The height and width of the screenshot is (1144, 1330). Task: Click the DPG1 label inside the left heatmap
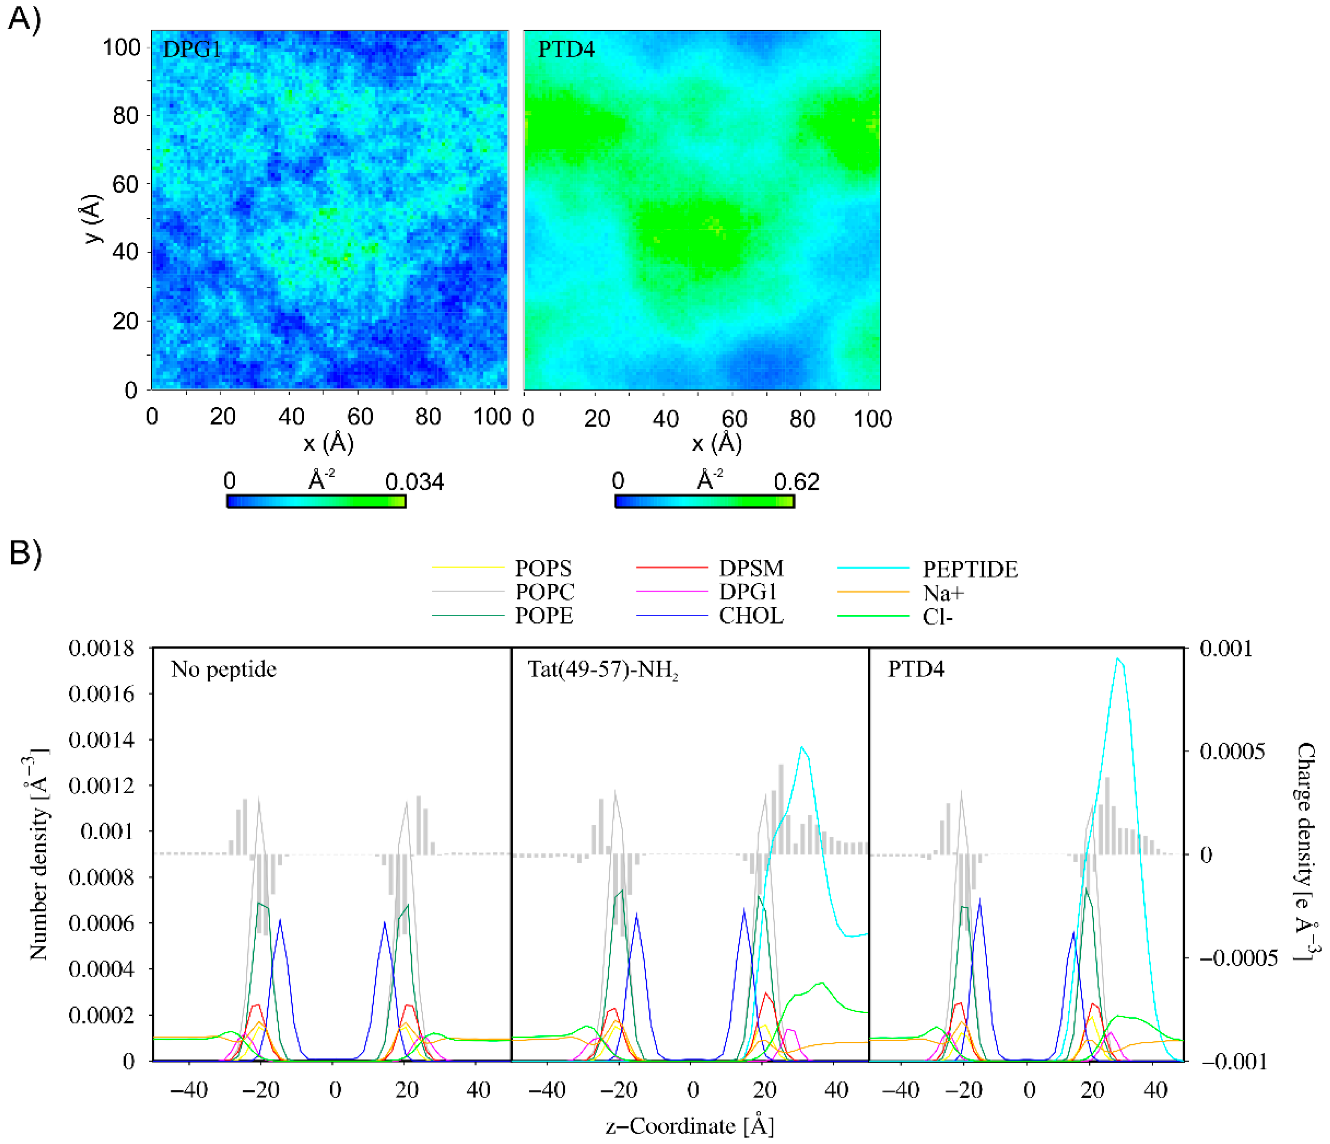coord(192,49)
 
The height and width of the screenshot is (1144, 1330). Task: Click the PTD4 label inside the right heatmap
coord(566,49)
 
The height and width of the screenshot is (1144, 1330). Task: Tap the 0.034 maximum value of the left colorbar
coord(414,482)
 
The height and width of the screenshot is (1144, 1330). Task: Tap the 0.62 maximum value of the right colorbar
coord(796,482)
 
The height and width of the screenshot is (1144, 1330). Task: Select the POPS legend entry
coord(542,569)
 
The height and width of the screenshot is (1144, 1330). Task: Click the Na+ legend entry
coord(942,593)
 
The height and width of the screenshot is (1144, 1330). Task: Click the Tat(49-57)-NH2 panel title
coord(603,670)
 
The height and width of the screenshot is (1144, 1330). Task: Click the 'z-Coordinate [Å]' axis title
coord(689,1126)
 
